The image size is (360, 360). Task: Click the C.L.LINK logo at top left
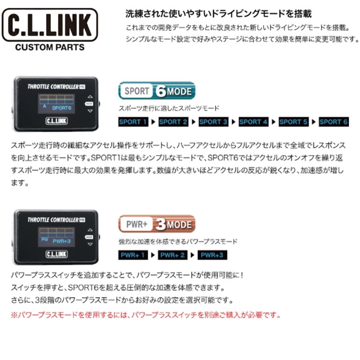[x=50, y=26]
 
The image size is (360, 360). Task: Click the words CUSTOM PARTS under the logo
[x=50, y=47]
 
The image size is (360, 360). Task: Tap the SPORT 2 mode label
[x=173, y=122]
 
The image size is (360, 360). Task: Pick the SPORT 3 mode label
[x=213, y=122]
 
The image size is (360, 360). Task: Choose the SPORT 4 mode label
[x=254, y=122]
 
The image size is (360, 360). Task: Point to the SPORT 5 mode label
[x=294, y=122]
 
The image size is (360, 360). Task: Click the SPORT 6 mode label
[x=334, y=122]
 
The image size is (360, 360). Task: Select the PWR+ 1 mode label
[x=133, y=255]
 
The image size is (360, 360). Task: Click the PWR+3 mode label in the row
[x=212, y=255]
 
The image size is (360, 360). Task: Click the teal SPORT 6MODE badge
[x=157, y=91]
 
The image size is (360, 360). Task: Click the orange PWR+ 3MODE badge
[x=157, y=224]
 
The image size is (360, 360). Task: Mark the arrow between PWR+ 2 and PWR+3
[x=194, y=255]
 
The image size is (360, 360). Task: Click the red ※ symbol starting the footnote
[x=14, y=315]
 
